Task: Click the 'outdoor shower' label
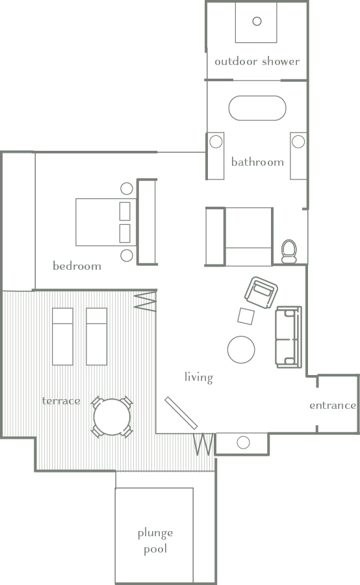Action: click(257, 62)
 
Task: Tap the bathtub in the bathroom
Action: click(257, 109)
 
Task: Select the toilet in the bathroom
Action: click(289, 250)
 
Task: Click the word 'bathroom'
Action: click(257, 162)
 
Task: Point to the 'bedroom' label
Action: click(77, 266)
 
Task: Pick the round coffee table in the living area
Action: click(241, 349)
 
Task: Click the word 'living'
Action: click(198, 377)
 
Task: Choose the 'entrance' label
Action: click(332, 406)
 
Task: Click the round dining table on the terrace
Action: click(112, 417)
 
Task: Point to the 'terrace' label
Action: click(61, 400)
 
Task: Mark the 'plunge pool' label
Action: click(155, 541)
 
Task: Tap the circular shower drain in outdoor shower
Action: click(257, 21)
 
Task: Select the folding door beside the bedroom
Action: click(146, 302)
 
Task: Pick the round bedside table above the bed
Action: click(127, 189)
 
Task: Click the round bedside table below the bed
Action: click(127, 255)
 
